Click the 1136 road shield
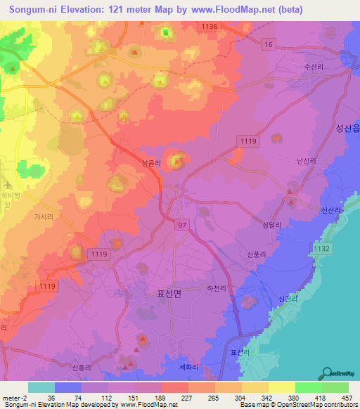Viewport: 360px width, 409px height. (x=209, y=26)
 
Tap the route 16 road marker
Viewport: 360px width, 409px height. (x=268, y=44)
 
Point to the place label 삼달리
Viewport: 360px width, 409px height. (x=271, y=224)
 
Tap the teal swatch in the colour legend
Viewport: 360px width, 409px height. (x=41, y=387)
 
